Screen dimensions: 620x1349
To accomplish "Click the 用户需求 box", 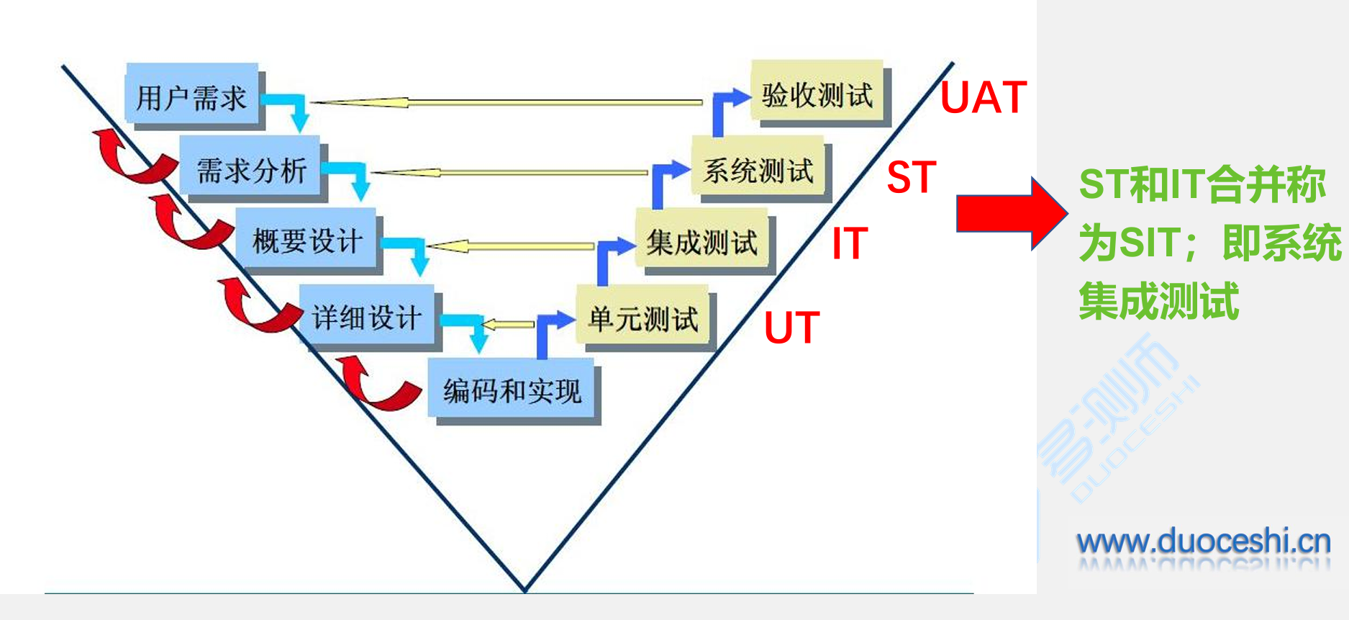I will [x=191, y=96].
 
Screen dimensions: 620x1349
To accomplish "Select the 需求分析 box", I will [x=251, y=170].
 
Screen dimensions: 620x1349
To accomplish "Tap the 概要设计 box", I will [x=307, y=241].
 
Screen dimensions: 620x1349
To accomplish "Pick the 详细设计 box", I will [x=367, y=317].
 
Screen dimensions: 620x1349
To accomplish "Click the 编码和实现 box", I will [x=512, y=391].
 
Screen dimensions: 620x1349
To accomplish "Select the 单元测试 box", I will [x=643, y=318].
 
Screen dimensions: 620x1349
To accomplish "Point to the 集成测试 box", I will [x=701, y=242].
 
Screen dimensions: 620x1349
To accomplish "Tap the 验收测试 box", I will [x=817, y=94].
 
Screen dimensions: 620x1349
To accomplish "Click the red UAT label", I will [x=984, y=98].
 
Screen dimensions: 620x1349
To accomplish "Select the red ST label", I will [x=912, y=177].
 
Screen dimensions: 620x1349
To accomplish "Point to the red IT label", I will [x=850, y=243].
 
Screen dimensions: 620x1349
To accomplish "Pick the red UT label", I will [x=791, y=328].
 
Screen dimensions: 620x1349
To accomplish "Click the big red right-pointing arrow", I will [x=1011, y=214].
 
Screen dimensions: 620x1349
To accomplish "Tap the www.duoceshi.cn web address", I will [x=1203, y=542].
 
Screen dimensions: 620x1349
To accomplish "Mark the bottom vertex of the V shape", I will [x=525, y=590].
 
